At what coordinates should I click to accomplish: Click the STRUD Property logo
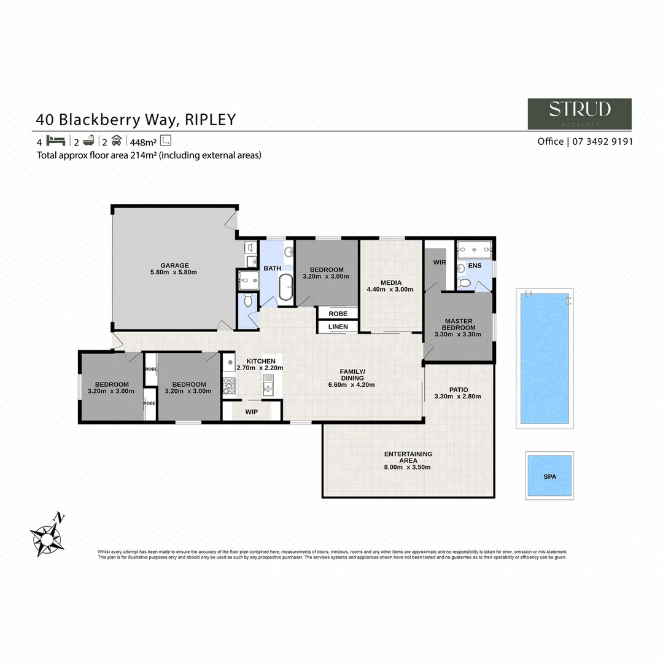(x=580, y=114)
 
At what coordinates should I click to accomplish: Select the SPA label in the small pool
(x=549, y=476)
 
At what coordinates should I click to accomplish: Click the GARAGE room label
(x=174, y=266)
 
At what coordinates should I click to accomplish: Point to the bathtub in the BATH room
(x=286, y=288)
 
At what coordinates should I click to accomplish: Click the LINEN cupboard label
(x=338, y=327)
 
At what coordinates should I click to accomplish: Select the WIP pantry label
(x=251, y=411)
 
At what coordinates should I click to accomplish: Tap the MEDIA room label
(x=390, y=283)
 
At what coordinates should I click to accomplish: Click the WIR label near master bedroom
(x=440, y=263)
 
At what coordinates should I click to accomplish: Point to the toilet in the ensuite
(x=465, y=283)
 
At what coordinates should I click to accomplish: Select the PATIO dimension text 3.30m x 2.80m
(x=458, y=397)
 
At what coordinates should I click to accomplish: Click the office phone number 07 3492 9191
(x=602, y=141)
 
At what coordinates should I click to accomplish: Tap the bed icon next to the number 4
(x=55, y=140)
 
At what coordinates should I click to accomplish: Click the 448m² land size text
(x=142, y=141)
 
